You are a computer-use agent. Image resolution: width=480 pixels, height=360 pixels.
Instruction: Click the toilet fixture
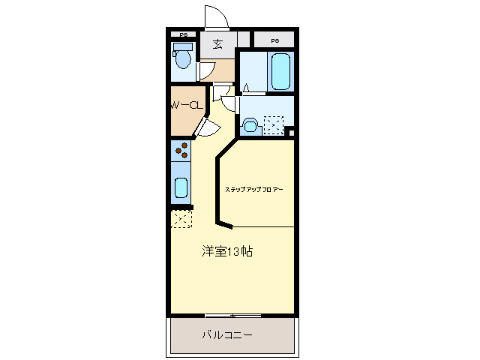point(181,56)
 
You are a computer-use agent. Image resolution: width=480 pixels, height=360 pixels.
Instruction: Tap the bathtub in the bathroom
point(280,70)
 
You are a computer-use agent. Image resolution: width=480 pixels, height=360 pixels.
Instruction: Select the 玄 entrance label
point(217,43)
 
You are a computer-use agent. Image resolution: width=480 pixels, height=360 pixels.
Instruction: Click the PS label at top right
point(274,40)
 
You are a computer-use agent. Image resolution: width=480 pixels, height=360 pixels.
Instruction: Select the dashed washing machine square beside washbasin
point(273,125)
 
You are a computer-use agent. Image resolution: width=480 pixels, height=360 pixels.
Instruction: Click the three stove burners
point(181,151)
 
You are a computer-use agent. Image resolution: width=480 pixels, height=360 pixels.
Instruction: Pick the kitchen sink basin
point(181,187)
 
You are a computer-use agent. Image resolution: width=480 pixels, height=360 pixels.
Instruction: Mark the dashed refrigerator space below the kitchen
point(181,220)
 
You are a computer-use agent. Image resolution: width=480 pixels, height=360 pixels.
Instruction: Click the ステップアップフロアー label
point(254,190)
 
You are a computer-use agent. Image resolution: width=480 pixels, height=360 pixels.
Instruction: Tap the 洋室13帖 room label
point(227,251)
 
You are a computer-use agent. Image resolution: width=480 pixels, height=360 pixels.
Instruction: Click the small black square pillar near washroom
point(291,133)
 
